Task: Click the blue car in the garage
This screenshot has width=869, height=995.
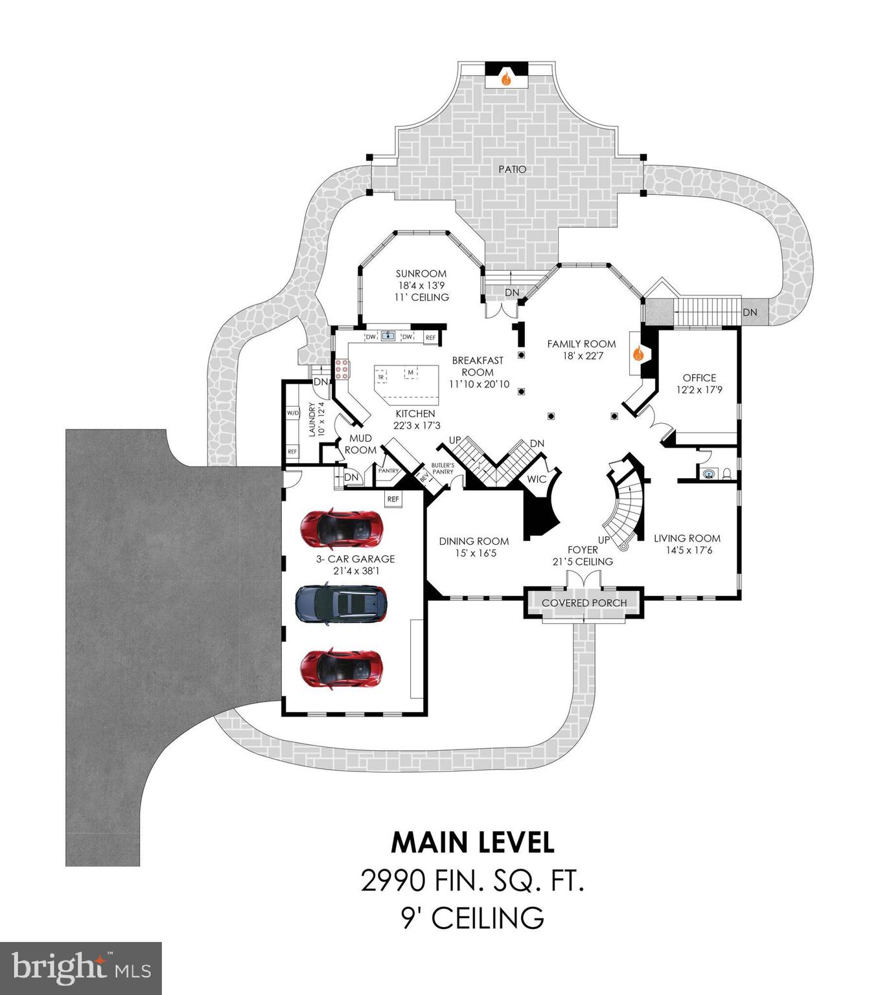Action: coord(342,605)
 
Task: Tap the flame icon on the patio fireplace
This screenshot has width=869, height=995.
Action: coord(507,79)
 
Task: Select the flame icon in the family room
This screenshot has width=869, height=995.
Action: coord(638,354)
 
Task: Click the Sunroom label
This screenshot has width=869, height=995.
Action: coord(421,273)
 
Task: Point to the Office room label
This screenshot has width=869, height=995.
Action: coord(699,378)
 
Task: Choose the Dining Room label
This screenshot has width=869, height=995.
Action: coord(474,542)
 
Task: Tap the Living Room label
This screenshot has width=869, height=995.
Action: coord(687,538)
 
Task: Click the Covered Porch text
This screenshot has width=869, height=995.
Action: coord(584,603)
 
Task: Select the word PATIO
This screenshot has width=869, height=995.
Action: coord(513,169)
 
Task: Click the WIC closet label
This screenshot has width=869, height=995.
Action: coord(537,479)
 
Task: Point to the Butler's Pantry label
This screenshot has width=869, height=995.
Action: coord(443,468)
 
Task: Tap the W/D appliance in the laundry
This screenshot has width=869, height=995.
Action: coord(293,413)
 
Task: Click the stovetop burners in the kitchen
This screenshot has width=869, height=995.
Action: coord(342,369)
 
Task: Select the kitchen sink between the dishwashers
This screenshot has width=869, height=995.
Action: coord(388,336)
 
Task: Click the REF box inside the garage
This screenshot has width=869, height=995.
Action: coord(393,499)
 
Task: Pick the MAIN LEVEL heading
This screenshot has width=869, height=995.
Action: coord(473,842)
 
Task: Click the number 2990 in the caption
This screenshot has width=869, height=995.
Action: coord(393,881)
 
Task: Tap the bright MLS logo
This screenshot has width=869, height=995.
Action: coord(81,968)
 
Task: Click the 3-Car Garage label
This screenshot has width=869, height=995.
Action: coord(356,559)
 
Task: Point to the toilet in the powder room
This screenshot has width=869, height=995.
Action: coord(727,474)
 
